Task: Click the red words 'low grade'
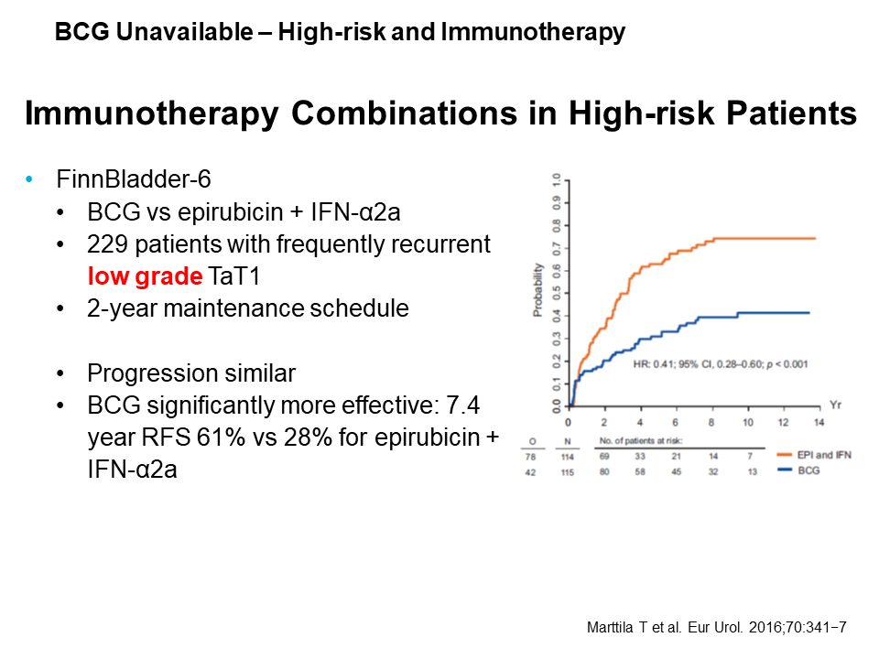[x=143, y=275]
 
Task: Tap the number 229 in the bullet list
[x=105, y=244]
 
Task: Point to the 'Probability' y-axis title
[x=537, y=289]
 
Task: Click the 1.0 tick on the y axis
[x=555, y=181]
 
